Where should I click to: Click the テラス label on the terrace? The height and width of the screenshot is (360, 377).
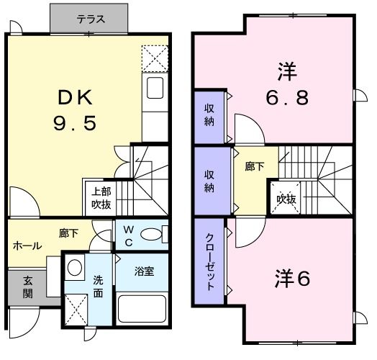(91, 19)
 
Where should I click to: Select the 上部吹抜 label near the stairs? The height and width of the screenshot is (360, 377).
(100, 197)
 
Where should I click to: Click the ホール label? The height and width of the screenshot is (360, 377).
(27, 246)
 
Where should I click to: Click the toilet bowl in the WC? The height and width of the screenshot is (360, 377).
(150, 235)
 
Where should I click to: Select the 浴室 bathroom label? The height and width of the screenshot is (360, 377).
(144, 272)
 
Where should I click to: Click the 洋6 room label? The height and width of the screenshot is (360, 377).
(292, 279)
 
